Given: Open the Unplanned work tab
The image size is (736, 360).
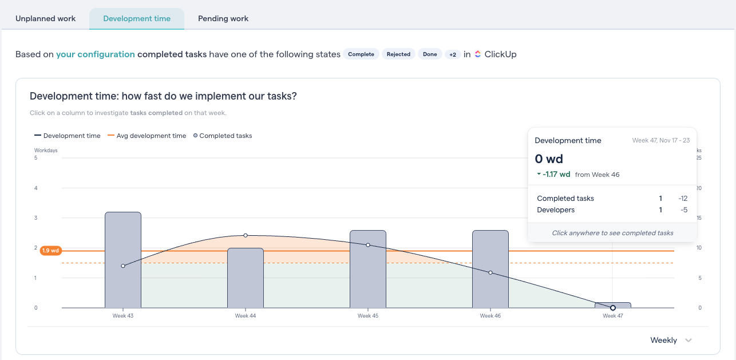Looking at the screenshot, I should pyautogui.click(x=45, y=18).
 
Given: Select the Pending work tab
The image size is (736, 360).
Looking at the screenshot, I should pyautogui.click(x=223, y=18).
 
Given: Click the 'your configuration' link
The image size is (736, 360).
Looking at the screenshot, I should pyautogui.click(x=95, y=54).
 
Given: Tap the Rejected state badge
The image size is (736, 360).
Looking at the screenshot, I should pyautogui.click(x=398, y=54).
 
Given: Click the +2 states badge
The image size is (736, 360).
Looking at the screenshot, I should pyautogui.click(x=452, y=54).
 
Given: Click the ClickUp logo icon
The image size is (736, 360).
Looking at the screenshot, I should pyautogui.click(x=478, y=54).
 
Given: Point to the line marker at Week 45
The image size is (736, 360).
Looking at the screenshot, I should pyautogui.click(x=368, y=245).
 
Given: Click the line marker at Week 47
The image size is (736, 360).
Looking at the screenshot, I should pyautogui.click(x=613, y=308).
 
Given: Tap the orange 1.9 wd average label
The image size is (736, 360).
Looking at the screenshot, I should pyautogui.click(x=51, y=251).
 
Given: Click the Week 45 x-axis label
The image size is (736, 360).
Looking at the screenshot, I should pyautogui.click(x=368, y=316).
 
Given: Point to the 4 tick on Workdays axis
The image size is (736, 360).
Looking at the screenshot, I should pyautogui.click(x=36, y=188).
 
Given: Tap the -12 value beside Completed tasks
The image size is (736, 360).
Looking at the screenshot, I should pyautogui.click(x=683, y=199).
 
